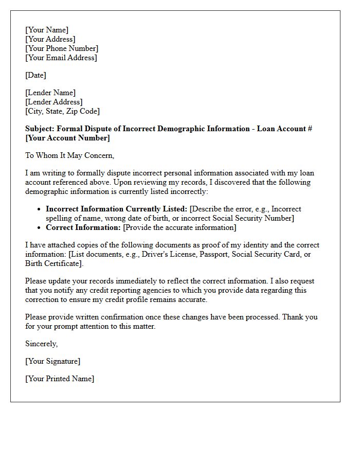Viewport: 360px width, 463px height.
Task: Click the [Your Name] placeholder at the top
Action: pos(47,30)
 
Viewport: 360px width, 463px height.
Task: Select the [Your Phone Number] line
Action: pos(62,48)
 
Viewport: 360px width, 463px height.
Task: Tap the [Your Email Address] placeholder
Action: pos(61,58)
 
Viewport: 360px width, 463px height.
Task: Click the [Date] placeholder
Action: pos(35,75)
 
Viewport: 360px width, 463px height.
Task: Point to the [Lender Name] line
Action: pos(50,93)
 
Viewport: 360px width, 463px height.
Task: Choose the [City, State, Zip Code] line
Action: pos(62,111)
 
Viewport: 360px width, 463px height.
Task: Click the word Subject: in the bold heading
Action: pos(41,129)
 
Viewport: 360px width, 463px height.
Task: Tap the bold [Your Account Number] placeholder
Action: pos(67,138)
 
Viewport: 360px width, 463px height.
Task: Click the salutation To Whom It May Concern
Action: pos(69,155)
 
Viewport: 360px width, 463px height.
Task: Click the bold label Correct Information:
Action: pos(83,227)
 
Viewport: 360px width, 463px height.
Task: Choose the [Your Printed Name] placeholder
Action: pos(60,379)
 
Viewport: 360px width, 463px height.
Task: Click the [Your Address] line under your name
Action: pos(50,39)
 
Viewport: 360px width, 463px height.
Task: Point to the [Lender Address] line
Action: pos(53,102)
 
